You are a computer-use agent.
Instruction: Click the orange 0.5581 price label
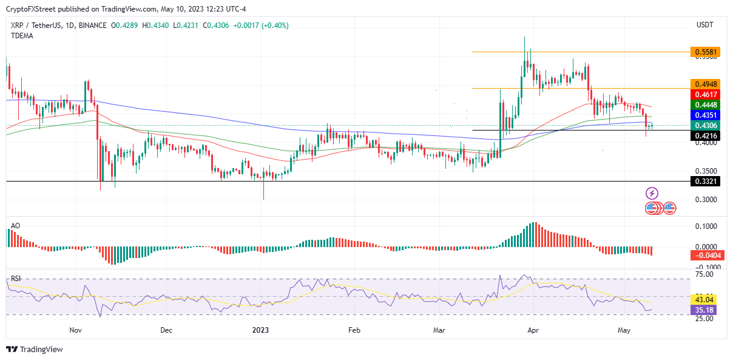[x=704, y=52]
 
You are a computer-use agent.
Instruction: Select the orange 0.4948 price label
[x=704, y=84]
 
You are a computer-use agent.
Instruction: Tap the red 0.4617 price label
[x=704, y=94]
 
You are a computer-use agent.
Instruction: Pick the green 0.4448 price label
[x=704, y=104]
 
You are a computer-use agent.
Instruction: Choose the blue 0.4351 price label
[x=704, y=115]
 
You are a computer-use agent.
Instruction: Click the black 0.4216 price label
[x=704, y=136]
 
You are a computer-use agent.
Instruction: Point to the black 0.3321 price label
[x=704, y=181]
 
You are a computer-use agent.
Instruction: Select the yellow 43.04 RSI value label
[x=704, y=299]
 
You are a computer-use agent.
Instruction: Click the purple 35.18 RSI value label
[x=704, y=310]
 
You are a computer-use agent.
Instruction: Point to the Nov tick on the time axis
[x=75, y=330]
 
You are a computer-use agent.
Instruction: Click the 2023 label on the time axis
[x=260, y=330]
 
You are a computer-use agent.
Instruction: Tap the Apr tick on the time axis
[x=533, y=330]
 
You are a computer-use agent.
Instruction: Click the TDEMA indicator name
[x=22, y=36]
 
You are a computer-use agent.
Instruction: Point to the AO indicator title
[x=16, y=226]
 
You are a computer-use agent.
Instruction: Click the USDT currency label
[x=704, y=25]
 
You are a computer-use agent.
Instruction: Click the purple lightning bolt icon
[x=652, y=194]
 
